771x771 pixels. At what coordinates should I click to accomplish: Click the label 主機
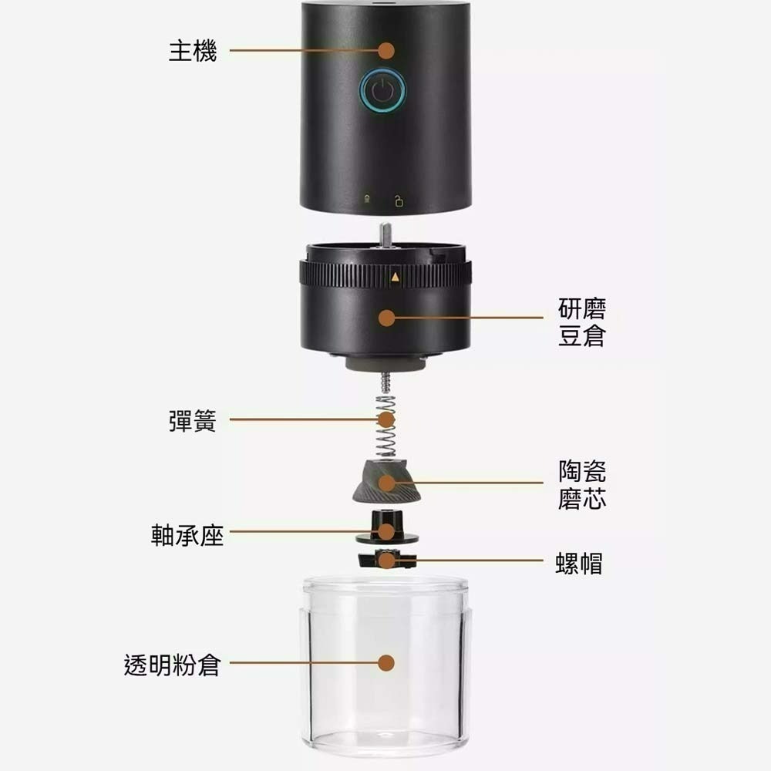(x=193, y=52)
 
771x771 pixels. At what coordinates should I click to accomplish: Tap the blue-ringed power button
(x=383, y=91)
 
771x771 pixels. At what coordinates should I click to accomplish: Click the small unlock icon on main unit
(x=399, y=202)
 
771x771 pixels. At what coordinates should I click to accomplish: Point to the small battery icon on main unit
(x=368, y=201)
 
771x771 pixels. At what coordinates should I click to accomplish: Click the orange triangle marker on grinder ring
(x=396, y=276)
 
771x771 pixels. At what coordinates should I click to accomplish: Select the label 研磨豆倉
(x=581, y=323)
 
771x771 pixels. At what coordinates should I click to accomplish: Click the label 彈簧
(x=193, y=421)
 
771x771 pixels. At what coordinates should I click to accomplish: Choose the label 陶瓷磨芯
(x=581, y=485)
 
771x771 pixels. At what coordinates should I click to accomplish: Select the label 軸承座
(x=187, y=532)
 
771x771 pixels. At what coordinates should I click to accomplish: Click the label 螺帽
(x=579, y=563)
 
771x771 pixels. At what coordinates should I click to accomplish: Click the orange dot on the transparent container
(x=387, y=663)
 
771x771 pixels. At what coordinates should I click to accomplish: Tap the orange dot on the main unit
(x=387, y=51)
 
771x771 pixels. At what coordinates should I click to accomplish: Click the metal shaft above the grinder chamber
(x=385, y=234)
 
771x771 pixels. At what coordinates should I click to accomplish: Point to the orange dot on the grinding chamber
(x=387, y=317)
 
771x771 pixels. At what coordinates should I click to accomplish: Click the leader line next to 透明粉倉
(x=301, y=663)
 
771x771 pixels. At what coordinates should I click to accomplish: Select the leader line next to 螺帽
(x=478, y=561)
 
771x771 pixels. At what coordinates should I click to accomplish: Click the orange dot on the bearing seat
(x=386, y=532)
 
